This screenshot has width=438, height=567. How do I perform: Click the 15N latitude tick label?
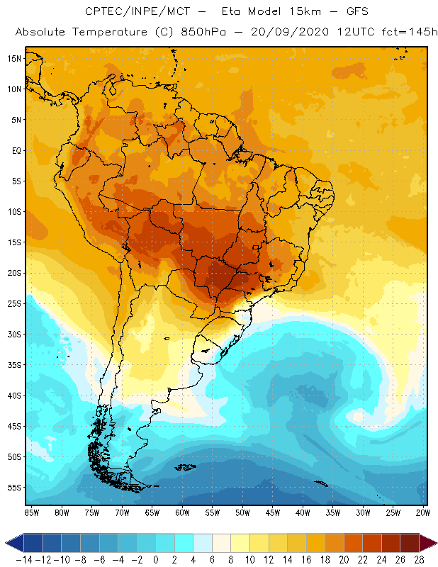point(13,58)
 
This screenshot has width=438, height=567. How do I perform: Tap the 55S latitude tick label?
point(13,488)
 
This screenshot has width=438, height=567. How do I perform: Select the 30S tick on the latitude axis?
point(13,334)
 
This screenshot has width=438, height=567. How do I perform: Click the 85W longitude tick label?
point(31,512)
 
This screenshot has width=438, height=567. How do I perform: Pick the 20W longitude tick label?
point(422,512)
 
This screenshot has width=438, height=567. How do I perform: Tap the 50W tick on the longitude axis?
point(242,512)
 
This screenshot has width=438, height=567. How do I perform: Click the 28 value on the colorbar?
point(419,559)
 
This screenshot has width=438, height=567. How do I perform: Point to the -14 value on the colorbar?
point(23,559)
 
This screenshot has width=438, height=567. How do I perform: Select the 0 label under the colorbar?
point(155,559)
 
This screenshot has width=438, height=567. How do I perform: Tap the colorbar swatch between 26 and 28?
point(410,543)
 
